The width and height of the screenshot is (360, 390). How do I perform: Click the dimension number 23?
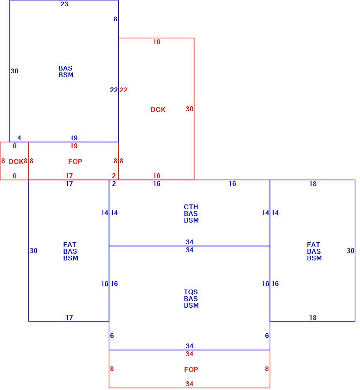64,4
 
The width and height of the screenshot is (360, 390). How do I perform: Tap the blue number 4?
19,138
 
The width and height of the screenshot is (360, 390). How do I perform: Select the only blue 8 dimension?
116,19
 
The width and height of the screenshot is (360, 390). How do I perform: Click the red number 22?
123,90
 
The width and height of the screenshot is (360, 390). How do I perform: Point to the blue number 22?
114,90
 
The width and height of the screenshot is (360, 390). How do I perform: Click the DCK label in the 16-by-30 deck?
158,110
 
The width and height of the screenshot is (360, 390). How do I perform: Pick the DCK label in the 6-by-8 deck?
16,162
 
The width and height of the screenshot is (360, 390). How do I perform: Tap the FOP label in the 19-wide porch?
75,162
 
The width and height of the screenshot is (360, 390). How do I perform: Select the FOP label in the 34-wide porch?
191,370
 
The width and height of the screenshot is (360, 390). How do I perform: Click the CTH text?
191,207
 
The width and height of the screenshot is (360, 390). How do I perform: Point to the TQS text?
191,292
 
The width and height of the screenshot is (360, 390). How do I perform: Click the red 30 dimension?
189,109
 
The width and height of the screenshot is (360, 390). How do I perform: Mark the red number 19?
74,146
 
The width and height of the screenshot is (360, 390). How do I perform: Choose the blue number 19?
74,138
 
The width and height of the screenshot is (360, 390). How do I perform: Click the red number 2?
114,176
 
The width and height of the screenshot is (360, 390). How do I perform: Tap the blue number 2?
114,184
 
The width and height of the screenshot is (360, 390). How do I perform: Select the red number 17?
69,176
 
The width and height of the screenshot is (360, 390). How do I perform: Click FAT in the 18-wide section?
313,245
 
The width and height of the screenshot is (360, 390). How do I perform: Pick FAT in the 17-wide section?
70,245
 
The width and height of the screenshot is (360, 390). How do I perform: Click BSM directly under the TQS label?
191,305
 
